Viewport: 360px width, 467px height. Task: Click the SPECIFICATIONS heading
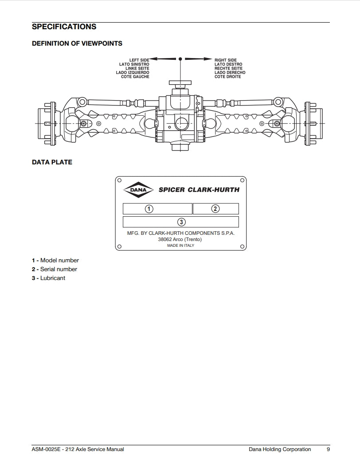pyautogui.click(x=64, y=27)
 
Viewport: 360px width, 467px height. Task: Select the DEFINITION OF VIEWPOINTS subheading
pyautogui.click(x=77, y=43)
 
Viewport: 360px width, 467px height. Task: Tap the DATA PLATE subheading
pyautogui.click(x=52, y=162)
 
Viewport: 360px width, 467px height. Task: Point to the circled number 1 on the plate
pyautogui.click(x=150, y=209)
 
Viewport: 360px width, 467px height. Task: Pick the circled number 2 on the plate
pyautogui.click(x=215, y=209)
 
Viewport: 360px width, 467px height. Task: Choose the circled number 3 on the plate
pyautogui.click(x=181, y=222)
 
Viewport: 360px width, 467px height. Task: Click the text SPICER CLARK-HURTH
pyautogui.click(x=199, y=190)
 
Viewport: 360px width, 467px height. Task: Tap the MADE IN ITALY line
pyautogui.click(x=180, y=245)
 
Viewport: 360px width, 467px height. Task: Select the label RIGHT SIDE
pyautogui.click(x=226, y=60)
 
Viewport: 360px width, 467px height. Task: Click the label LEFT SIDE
pyautogui.click(x=139, y=60)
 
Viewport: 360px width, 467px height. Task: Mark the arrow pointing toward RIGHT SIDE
pyautogui.click(x=198, y=58)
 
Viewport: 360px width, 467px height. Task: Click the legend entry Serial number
pyautogui.click(x=58, y=269)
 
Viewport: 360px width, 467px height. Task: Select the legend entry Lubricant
pyautogui.click(x=52, y=278)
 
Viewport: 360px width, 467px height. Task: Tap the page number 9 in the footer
pyautogui.click(x=328, y=449)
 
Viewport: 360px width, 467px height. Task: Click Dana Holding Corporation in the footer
pyautogui.click(x=280, y=449)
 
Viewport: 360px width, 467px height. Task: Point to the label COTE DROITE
pyautogui.click(x=228, y=77)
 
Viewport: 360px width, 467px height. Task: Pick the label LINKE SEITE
pyautogui.click(x=137, y=69)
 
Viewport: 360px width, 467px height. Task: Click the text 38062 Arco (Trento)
pyautogui.click(x=180, y=239)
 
